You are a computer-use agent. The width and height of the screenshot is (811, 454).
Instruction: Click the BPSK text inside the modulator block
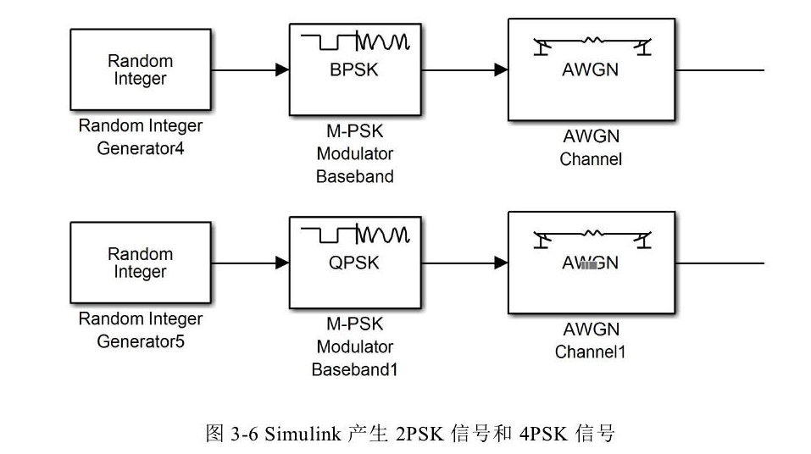(x=354, y=70)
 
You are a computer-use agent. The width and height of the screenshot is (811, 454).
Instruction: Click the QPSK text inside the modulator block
(x=354, y=263)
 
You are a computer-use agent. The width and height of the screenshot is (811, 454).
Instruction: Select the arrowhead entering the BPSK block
(x=283, y=70)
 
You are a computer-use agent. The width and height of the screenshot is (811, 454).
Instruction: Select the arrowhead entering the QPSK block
(x=283, y=263)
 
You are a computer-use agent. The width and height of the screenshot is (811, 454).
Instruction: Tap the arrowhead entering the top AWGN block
(x=501, y=70)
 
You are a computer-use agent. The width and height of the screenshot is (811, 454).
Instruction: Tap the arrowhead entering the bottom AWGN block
(x=501, y=263)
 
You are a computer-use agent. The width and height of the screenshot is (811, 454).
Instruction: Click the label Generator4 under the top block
(x=141, y=149)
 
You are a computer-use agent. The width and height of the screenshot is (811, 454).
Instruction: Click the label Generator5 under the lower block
(x=141, y=342)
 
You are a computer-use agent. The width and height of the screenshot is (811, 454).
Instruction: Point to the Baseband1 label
(x=354, y=369)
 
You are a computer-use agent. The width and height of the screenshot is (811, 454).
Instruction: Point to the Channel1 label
(x=590, y=352)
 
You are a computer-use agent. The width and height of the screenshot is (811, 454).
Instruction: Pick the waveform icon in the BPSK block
(x=356, y=41)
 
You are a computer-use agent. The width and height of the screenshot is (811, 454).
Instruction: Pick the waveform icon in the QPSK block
(x=356, y=234)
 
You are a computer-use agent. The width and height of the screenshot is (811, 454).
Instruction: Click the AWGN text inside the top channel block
(x=591, y=70)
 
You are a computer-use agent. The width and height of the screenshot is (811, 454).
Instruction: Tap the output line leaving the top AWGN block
(x=720, y=70)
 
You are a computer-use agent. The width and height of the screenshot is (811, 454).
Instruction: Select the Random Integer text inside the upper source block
(x=140, y=70)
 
